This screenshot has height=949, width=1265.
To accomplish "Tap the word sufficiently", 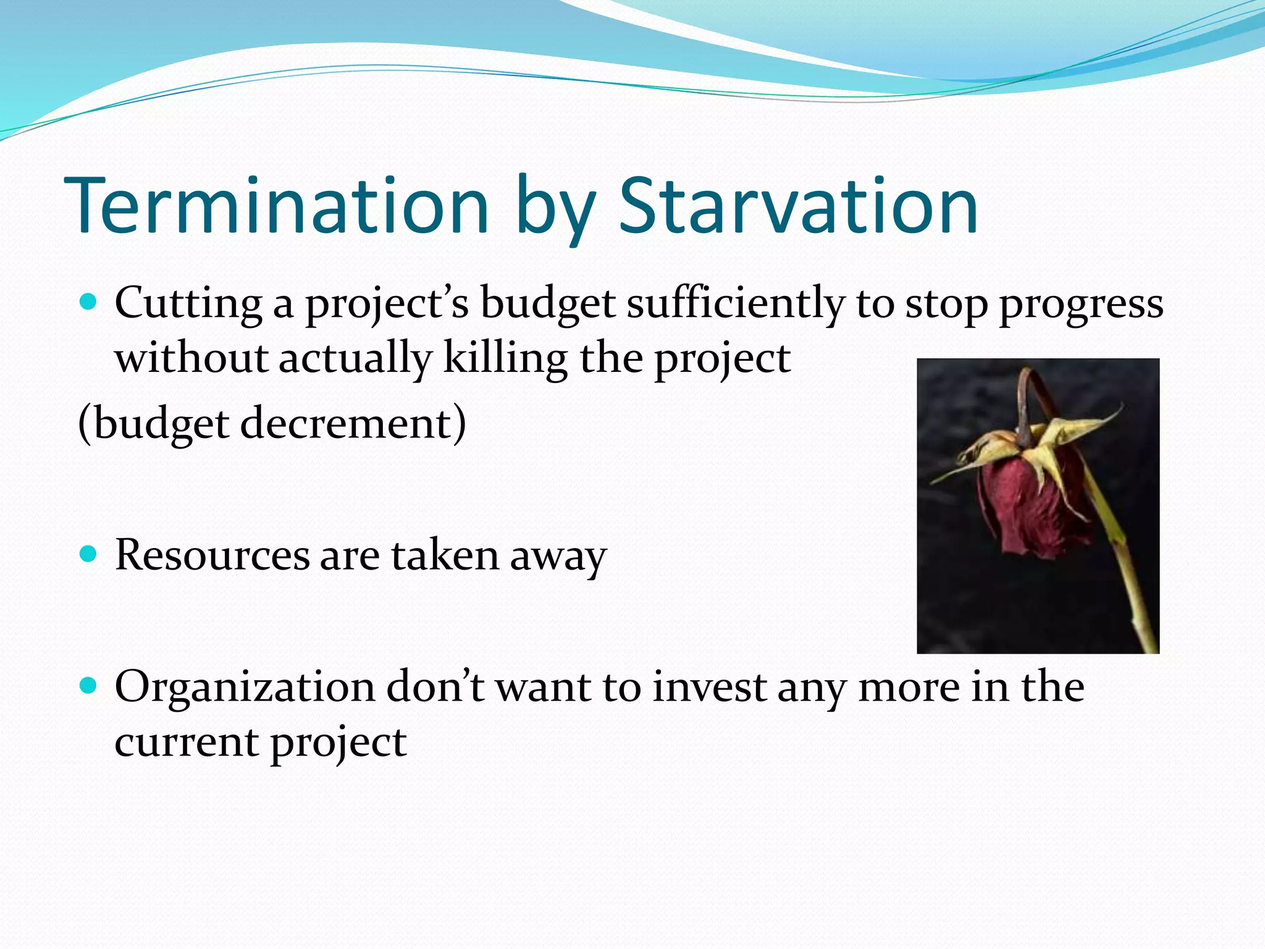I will pos(735,305).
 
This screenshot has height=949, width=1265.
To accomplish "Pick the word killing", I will pos(505,358).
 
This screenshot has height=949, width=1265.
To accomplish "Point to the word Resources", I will pos(212,555).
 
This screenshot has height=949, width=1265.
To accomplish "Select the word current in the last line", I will pos(186,742).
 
